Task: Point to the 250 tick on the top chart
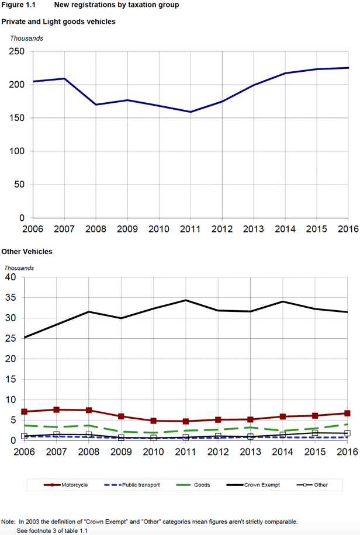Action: point(16,52)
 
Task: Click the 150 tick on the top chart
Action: point(16,119)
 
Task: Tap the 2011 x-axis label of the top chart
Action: point(191,228)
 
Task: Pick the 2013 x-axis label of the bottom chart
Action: point(250,452)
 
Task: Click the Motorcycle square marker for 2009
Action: point(121,416)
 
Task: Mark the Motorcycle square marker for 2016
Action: point(347,414)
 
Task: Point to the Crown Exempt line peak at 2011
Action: point(186,300)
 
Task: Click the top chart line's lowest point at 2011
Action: point(191,112)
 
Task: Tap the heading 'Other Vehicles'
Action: point(27,252)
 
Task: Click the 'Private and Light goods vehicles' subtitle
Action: point(58,22)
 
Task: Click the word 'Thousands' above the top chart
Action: point(26,39)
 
